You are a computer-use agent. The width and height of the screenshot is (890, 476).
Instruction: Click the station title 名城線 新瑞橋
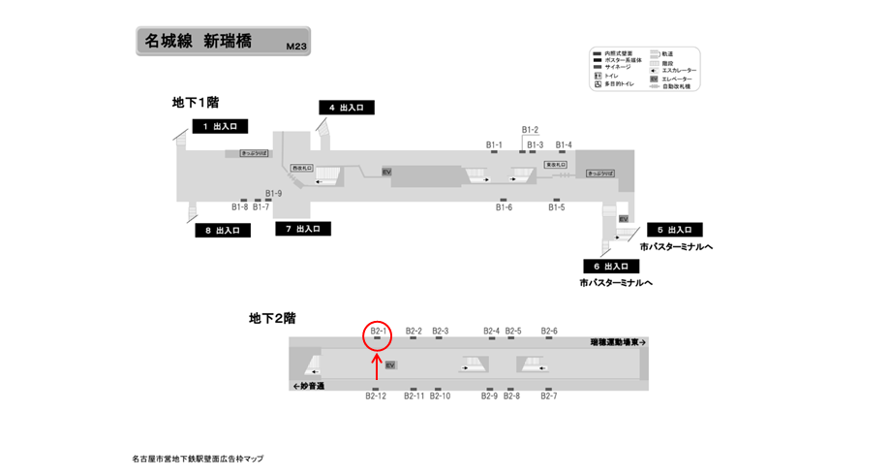(198, 42)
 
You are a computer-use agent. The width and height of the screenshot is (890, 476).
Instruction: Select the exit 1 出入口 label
(221, 126)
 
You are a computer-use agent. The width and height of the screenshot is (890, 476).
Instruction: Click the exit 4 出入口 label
(346, 108)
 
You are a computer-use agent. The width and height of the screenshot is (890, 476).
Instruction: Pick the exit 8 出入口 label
(223, 231)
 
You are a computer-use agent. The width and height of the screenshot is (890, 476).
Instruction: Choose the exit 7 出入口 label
(303, 229)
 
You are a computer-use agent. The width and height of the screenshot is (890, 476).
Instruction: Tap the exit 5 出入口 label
(674, 230)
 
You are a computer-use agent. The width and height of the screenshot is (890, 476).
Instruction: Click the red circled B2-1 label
(378, 332)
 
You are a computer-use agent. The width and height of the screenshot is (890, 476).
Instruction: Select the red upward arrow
(377, 365)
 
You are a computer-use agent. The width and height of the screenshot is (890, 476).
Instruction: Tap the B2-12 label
(376, 396)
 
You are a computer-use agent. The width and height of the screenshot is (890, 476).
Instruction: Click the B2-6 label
(549, 331)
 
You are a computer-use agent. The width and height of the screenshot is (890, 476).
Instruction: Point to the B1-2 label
(530, 130)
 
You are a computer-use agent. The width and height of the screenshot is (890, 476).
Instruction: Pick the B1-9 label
(273, 192)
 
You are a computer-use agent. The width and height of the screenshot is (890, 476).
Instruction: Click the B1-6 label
(504, 207)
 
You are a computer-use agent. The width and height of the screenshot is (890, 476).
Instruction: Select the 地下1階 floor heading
(195, 102)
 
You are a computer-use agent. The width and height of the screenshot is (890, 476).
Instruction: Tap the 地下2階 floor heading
(272, 317)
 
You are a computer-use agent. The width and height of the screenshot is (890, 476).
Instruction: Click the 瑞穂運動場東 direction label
(618, 342)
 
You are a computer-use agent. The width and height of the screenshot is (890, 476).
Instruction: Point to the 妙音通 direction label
(309, 386)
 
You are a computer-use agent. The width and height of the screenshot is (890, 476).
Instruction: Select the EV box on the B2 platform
(390, 365)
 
